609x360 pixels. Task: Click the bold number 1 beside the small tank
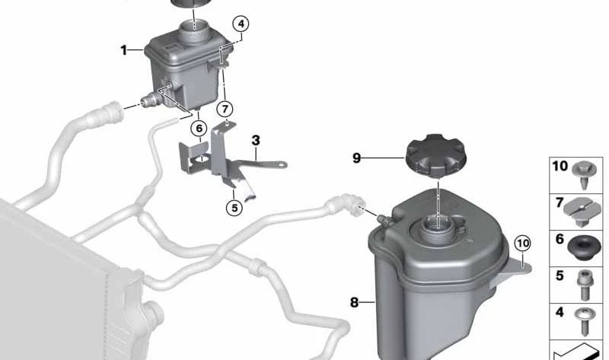[123, 50]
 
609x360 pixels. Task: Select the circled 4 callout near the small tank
[241, 24]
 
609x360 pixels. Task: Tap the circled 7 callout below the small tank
[225, 109]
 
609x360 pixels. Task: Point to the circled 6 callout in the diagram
[199, 128]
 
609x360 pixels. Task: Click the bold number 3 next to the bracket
[256, 140]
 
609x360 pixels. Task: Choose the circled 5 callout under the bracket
[234, 208]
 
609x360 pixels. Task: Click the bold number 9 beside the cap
[356, 158]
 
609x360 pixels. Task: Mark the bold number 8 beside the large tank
[354, 302]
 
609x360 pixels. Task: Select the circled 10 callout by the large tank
[522, 244]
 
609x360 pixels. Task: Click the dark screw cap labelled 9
[435, 156]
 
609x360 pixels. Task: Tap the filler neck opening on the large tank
[437, 225]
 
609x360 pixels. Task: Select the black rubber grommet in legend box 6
[582, 249]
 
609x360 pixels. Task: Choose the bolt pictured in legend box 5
[584, 285]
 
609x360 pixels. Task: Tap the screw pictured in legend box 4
[582, 321]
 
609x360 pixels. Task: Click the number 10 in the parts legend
[560, 166]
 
